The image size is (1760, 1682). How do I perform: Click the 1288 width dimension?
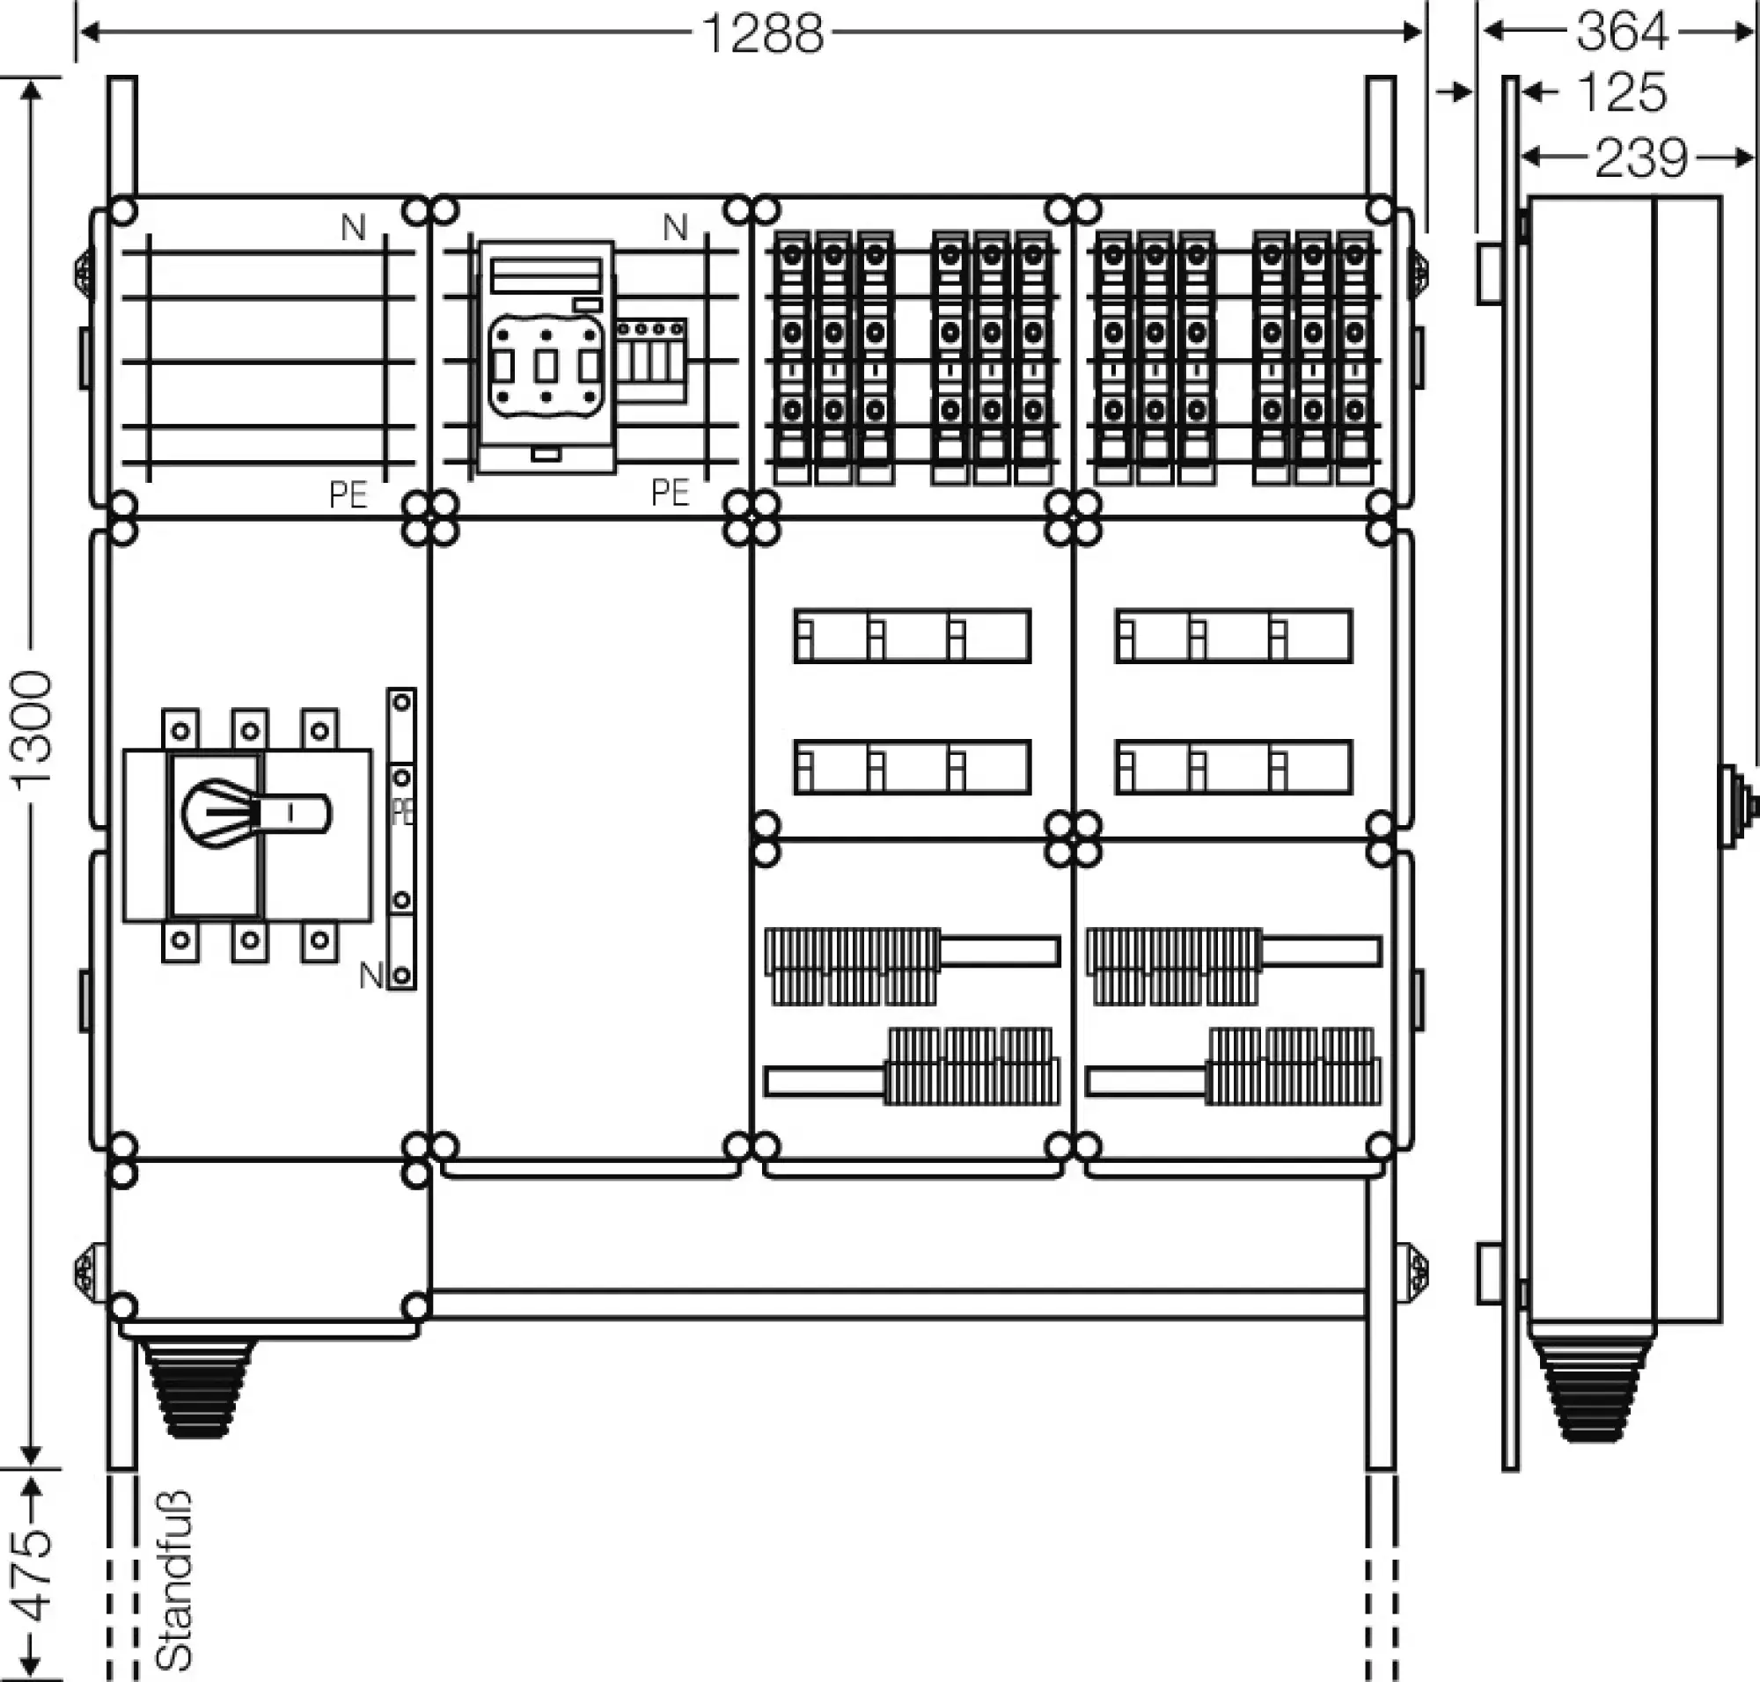tap(761, 34)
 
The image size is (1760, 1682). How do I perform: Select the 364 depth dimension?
tap(1621, 33)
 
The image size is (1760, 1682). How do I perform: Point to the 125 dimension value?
tap(1621, 92)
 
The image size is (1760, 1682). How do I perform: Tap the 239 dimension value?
tap(1640, 158)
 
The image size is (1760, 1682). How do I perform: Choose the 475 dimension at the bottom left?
tap(34, 1576)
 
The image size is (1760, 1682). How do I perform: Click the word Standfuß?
tap(174, 1579)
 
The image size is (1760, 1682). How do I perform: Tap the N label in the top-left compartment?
tap(354, 229)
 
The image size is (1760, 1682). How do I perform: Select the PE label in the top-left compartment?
tap(348, 495)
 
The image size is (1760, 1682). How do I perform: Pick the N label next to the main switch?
tap(370, 976)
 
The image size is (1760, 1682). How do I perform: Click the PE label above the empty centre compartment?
tap(670, 494)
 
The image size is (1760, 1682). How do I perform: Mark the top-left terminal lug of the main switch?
tap(180, 730)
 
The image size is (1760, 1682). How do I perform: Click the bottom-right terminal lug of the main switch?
tap(319, 941)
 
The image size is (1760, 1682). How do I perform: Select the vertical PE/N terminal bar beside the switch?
tap(401, 838)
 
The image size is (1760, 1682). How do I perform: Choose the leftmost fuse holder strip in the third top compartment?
tap(793, 358)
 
